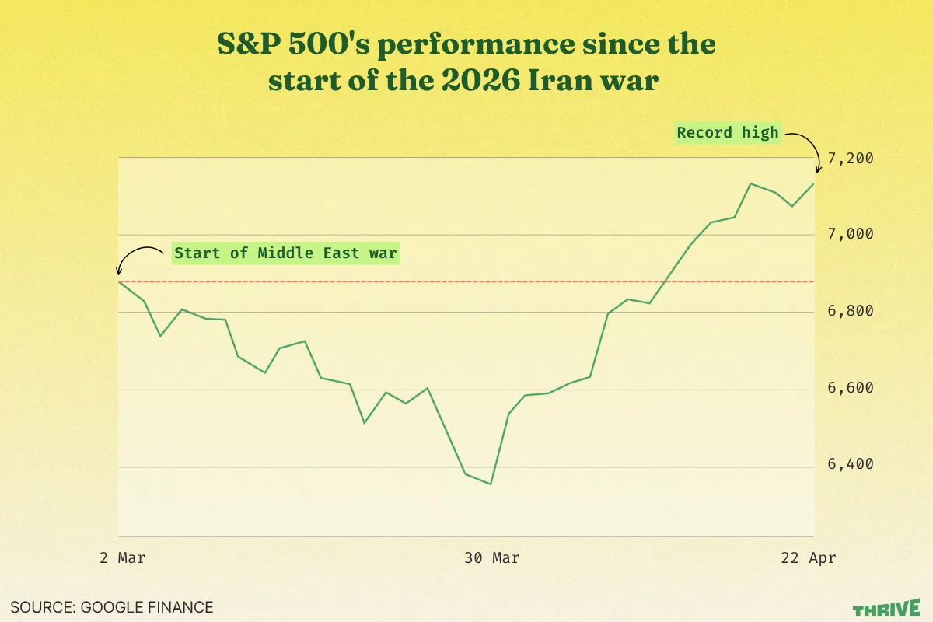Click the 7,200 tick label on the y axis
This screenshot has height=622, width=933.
pos(851,159)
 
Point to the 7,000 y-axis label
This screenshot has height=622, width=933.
pos(851,234)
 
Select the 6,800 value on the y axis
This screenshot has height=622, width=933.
pos(851,311)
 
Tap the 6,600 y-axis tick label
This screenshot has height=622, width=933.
pos(851,388)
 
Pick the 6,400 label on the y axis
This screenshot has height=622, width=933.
pos(851,464)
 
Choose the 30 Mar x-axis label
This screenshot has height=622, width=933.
pos(491,558)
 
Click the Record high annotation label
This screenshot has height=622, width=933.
pos(727,132)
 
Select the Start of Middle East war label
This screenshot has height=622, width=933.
pos(285,253)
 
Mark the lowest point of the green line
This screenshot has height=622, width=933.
pos(491,484)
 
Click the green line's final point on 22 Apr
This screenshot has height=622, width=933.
pos(813,184)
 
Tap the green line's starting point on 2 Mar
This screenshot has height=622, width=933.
pos(119,281)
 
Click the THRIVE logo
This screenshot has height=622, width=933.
pos(886,608)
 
